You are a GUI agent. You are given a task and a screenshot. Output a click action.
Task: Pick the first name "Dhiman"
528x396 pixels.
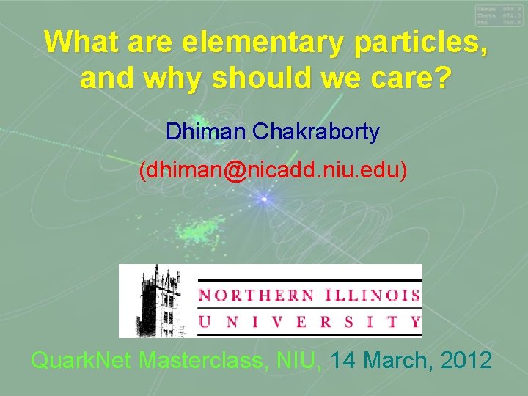(x=208, y=132)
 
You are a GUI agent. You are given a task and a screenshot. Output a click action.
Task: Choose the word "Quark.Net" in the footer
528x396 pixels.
(x=82, y=361)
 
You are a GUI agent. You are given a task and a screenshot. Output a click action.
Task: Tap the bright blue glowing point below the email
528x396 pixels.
(x=264, y=199)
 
